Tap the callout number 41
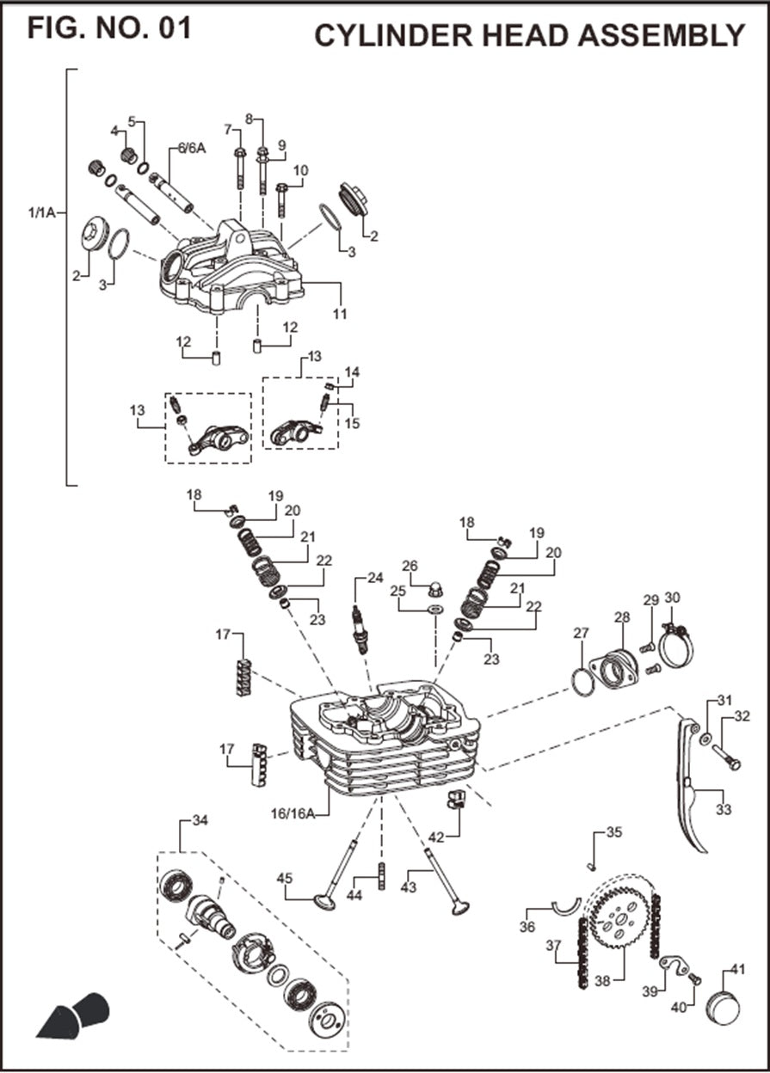737,969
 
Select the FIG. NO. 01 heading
109,28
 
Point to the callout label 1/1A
41,212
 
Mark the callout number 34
200,821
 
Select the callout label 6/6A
192,148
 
